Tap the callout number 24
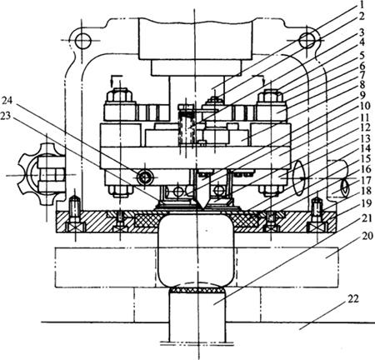(7, 101)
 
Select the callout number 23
(6, 116)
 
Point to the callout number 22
(352, 299)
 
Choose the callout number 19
(367, 203)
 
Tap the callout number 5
(362, 56)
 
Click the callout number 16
(367, 169)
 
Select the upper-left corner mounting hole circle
(82, 41)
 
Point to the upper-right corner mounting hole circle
(307, 41)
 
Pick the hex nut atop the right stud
(271, 96)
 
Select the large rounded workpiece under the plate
(195, 251)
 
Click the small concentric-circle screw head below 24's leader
(144, 177)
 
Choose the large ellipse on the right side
(298, 178)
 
